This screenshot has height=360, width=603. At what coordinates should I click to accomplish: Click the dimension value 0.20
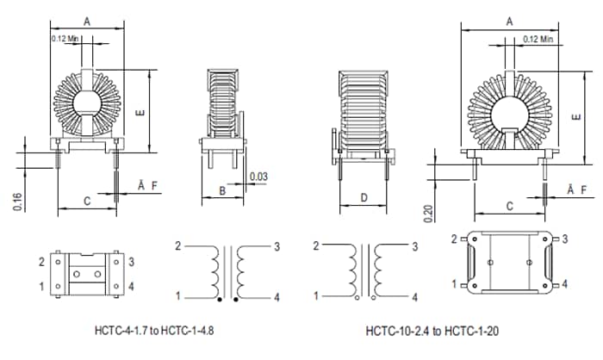(x=428, y=213)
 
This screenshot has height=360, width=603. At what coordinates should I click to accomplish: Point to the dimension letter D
(x=364, y=198)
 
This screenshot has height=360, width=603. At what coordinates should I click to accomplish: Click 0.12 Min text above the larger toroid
(x=538, y=39)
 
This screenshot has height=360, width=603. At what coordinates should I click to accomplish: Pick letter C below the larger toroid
(x=511, y=206)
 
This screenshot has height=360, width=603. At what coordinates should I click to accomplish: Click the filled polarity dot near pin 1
(x=220, y=301)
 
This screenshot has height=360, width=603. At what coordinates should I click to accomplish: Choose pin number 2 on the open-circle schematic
(x=315, y=246)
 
